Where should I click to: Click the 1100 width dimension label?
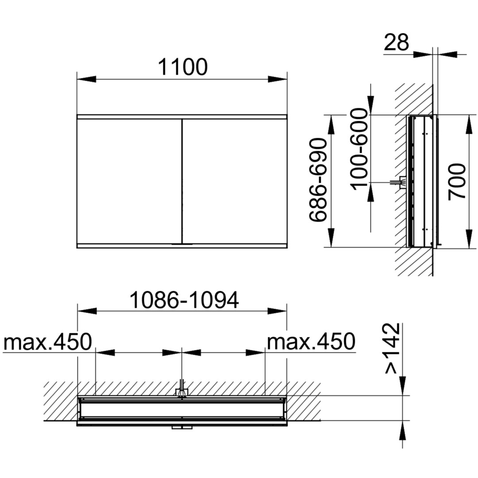click(183, 67)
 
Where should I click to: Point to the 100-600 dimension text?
click(359, 150)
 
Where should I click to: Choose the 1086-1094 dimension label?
click(184, 300)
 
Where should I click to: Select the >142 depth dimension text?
click(393, 348)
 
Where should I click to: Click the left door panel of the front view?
click(129, 181)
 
